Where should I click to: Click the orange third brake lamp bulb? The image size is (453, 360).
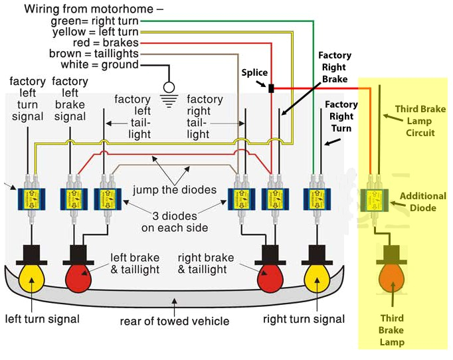click(x=391, y=278)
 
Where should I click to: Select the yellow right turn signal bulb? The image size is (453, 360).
click(x=317, y=278)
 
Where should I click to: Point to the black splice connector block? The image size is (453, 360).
click(x=271, y=88)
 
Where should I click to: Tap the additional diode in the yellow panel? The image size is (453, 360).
click(x=375, y=199)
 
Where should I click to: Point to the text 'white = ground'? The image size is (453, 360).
click(x=100, y=64)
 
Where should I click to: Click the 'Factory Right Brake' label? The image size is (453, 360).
click(x=333, y=67)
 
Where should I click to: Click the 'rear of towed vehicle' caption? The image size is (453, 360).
click(x=175, y=321)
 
